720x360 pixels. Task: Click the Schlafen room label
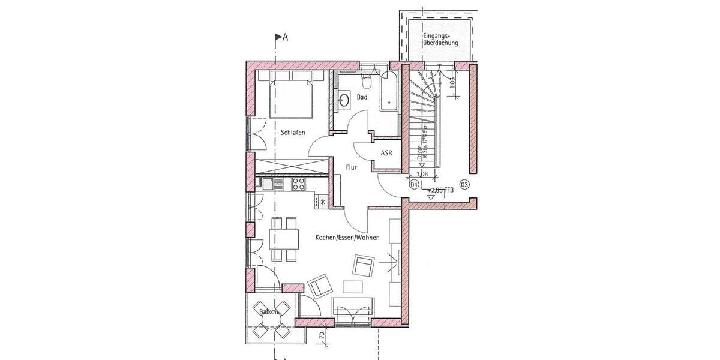tap(292, 133)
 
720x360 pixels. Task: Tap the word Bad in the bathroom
tap(362, 97)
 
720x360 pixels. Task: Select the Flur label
tap(352, 169)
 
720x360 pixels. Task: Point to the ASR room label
tap(386, 153)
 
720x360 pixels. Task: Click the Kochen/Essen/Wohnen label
tap(347, 238)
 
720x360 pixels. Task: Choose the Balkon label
tap(268, 312)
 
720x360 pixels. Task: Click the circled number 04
tap(413, 184)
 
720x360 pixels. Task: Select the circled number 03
tap(464, 184)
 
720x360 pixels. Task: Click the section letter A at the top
tap(286, 38)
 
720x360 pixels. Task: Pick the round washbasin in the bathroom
tap(345, 100)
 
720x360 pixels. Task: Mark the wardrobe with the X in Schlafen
tap(290, 164)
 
